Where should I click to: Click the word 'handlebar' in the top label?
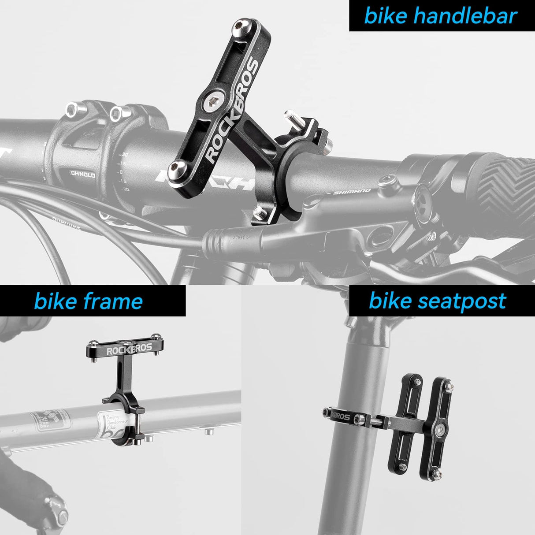[x=465, y=16]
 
